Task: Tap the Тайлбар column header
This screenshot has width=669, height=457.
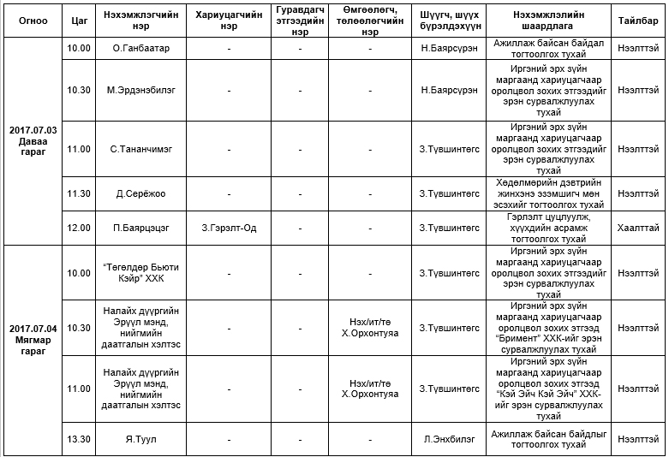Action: (638, 19)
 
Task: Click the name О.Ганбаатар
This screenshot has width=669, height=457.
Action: (140, 48)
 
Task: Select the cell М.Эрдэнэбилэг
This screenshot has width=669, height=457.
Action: (140, 89)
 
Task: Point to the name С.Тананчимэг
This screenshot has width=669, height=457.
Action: (140, 149)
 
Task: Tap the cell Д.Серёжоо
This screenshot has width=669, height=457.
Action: (140, 193)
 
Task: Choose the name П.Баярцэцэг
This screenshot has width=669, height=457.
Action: (140, 228)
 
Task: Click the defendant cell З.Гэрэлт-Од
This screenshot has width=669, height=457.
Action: (229, 228)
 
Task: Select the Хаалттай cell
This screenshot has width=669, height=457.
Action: (638, 228)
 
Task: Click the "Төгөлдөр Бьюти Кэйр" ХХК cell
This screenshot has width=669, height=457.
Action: (140, 273)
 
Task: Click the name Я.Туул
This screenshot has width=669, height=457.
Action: (140, 439)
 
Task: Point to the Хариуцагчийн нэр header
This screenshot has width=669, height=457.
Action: (229, 19)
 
